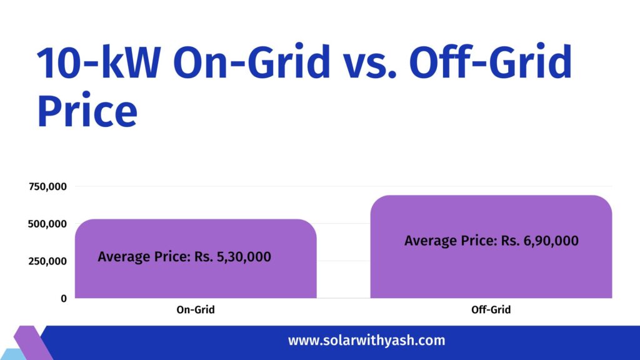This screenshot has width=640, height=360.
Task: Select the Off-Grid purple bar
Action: point(491,275)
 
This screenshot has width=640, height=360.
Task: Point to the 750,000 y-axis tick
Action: point(47,186)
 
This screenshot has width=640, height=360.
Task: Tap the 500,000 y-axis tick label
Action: point(47,224)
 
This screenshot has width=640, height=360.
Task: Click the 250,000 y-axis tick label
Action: point(47,261)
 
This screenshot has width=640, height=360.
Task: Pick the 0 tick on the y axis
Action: point(63,299)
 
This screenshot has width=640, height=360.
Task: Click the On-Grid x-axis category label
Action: point(195,310)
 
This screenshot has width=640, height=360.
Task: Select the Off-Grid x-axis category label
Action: point(491,310)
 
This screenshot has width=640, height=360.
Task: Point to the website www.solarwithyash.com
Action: point(366,341)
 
